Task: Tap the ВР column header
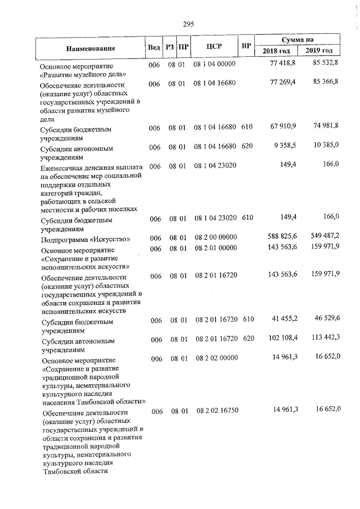[x=246, y=46]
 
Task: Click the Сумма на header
[x=298, y=40]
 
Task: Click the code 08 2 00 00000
[x=216, y=238]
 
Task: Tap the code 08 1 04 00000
[x=216, y=66]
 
